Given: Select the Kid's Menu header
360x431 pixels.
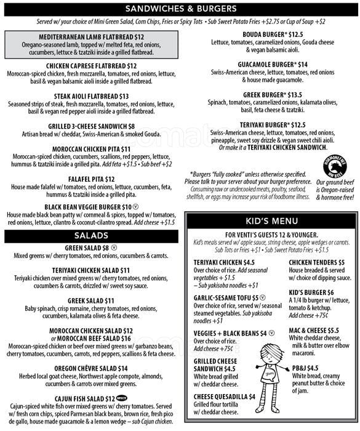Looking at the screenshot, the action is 271,220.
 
